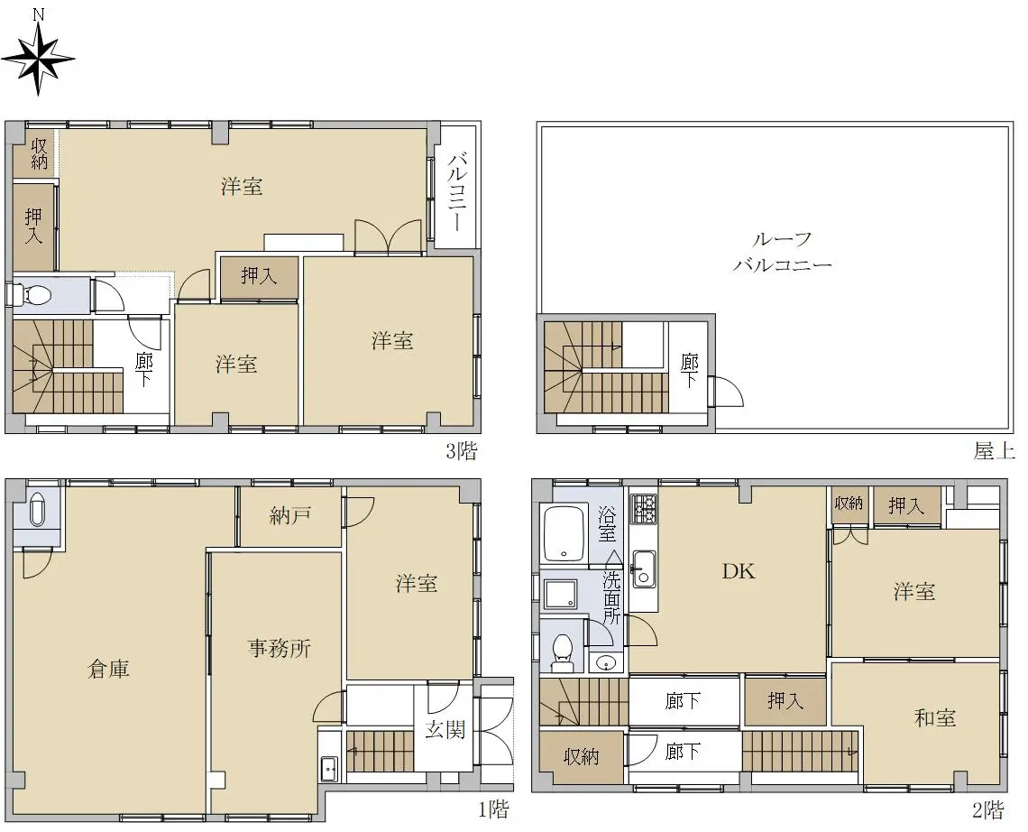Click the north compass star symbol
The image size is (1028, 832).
click(x=37, y=58)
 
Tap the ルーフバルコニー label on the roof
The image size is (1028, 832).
click(x=782, y=252)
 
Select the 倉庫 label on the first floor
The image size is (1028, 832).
click(x=108, y=669)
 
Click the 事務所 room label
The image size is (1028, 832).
click(x=280, y=648)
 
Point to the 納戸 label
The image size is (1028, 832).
click(x=289, y=516)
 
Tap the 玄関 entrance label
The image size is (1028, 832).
click(x=445, y=729)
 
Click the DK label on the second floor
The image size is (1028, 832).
click(x=739, y=571)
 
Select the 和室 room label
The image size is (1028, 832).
click(x=934, y=717)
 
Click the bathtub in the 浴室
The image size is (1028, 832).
click(x=564, y=534)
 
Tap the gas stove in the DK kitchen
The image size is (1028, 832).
click(x=644, y=509)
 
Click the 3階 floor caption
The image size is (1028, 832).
click(x=462, y=451)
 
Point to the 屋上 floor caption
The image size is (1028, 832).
click(x=994, y=451)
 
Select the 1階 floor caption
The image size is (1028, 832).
click(x=493, y=809)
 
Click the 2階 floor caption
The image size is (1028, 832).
click(x=988, y=809)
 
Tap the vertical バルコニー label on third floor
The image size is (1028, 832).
click(x=456, y=191)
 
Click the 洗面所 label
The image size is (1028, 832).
click(x=611, y=597)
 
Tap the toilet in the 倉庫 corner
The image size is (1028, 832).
click(x=38, y=509)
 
